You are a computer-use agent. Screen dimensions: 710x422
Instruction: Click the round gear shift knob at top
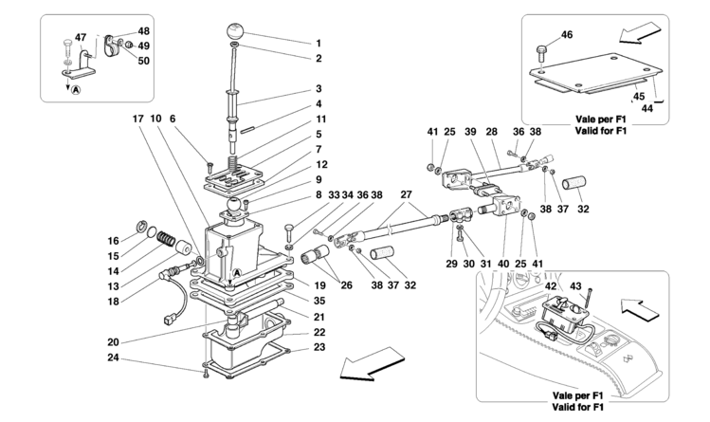(235, 31)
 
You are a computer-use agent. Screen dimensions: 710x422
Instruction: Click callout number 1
(319, 44)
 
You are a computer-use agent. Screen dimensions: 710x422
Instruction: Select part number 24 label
(113, 358)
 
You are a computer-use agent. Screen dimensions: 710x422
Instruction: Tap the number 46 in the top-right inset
(567, 34)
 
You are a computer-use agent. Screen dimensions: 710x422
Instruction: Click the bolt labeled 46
(540, 53)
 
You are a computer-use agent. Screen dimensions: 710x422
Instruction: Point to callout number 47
(81, 37)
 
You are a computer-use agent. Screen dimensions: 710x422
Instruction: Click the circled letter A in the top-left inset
(76, 90)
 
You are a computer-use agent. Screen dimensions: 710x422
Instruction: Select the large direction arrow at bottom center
(373, 363)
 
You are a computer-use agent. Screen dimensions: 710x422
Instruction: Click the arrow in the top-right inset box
(638, 33)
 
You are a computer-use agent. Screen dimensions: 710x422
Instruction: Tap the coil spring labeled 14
(166, 238)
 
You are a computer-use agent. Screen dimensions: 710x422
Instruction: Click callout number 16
(113, 241)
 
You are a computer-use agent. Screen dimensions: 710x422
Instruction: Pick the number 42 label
(551, 286)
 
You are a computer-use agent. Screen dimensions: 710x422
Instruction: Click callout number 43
(575, 286)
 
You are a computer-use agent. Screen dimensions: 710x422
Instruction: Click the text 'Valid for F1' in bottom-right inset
(578, 407)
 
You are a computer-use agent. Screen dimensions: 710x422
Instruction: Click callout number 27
(406, 194)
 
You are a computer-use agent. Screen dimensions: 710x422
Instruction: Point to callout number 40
(503, 264)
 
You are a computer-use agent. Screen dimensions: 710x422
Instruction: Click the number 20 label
(113, 342)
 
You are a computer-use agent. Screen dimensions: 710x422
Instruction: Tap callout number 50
(143, 61)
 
